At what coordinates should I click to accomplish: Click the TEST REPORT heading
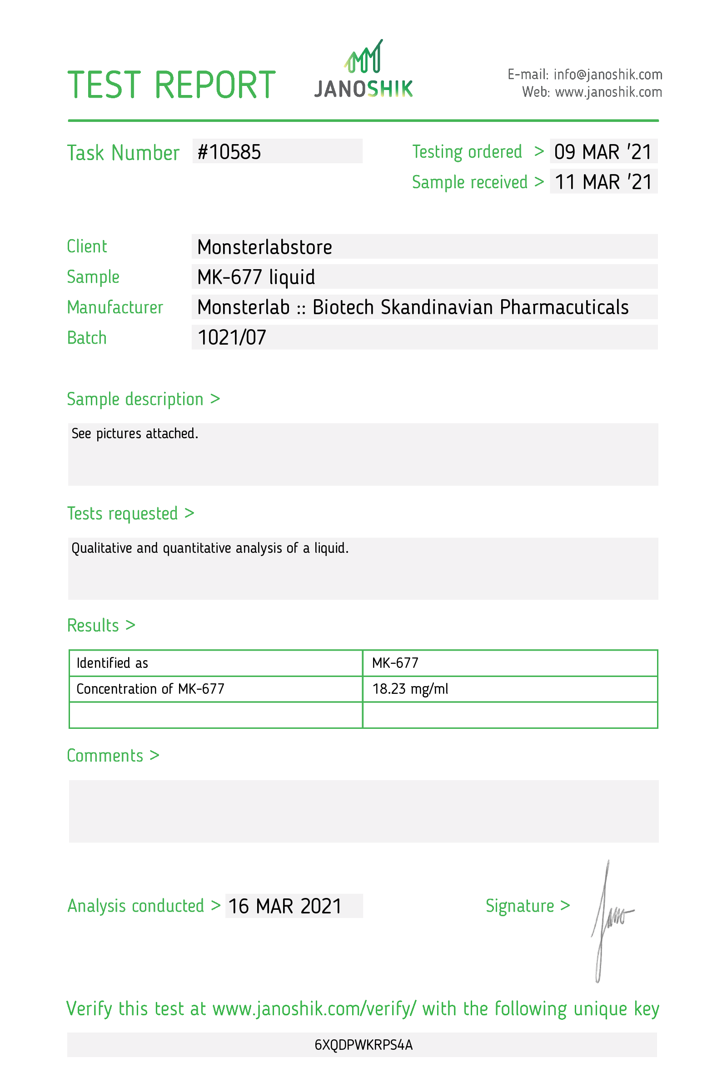click(171, 85)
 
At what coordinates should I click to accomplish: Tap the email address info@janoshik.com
click(607, 74)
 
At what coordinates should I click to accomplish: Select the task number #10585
click(229, 152)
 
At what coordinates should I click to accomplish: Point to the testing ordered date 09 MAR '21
click(603, 152)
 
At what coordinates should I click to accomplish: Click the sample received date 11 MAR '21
click(603, 182)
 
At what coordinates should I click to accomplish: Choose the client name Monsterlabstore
click(264, 247)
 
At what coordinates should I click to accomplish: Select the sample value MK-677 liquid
click(256, 277)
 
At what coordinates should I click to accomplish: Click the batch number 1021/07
click(232, 337)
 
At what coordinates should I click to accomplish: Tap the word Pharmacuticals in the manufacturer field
click(564, 307)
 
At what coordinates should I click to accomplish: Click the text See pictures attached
click(134, 434)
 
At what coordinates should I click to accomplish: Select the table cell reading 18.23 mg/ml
click(410, 689)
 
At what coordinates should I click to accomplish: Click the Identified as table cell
click(112, 663)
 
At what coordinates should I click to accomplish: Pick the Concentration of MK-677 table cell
click(150, 689)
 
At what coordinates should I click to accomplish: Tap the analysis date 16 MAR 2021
click(284, 906)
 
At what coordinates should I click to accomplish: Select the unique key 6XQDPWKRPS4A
click(363, 1045)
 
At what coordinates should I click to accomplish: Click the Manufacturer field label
click(115, 307)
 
